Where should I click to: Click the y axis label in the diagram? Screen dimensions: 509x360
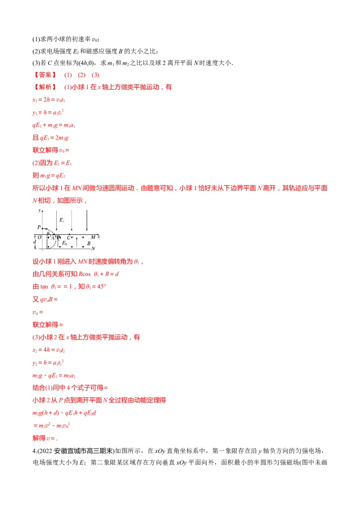pos(39,210)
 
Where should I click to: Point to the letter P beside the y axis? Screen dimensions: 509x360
pos(39,227)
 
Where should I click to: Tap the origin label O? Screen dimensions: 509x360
pos(39,237)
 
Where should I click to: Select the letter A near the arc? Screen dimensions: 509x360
pos(53,237)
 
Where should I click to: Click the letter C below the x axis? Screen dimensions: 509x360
pos(68,237)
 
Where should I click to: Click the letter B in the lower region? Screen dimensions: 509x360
pos(89,243)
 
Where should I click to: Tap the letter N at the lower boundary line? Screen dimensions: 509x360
pos(93,249)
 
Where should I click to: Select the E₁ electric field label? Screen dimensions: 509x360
pos(62,220)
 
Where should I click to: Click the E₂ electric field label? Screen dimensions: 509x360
pos(64,243)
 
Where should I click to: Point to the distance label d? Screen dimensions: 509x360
pos(35,242)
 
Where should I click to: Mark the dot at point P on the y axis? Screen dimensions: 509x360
pos(42,228)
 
